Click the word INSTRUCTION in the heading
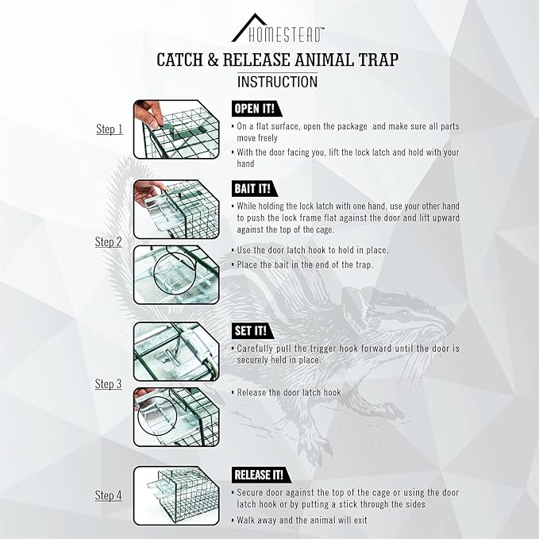277,81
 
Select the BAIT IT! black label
252,189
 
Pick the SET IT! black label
250,330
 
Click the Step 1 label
109,129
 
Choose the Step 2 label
109,241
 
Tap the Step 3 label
109,383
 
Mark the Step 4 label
109,495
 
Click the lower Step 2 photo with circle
175,273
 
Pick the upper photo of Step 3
175,350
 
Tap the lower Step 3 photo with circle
175,415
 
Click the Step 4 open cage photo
175,495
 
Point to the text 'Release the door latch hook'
289,392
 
